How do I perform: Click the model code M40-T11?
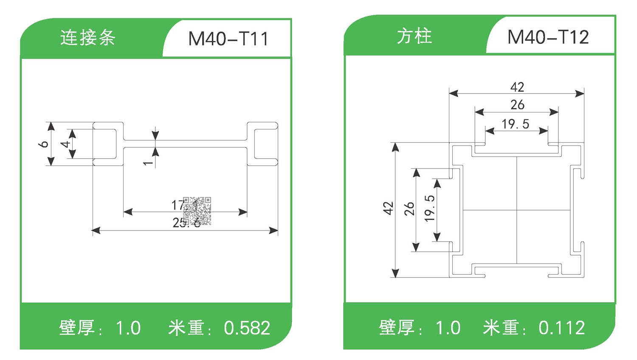[x=228, y=39]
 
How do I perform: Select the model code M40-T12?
[x=548, y=37]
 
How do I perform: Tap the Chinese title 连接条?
[x=87, y=38]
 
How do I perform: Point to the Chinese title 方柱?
[x=414, y=37]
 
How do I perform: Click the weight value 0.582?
[x=247, y=328]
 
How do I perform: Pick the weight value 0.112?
[x=561, y=328]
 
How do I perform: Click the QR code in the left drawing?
[x=197, y=211]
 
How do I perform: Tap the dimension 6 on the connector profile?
[x=43, y=144]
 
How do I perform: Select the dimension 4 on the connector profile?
[x=65, y=144]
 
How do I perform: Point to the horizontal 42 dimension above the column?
[x=517, y=87]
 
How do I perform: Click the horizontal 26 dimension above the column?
[x=517, y=104]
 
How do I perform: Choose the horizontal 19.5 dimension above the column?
[x=515, y=124]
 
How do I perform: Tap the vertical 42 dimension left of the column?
[x=388, y=208]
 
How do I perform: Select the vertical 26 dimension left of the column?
[x=409, y=208]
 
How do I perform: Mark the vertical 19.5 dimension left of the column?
[x=429, y=208]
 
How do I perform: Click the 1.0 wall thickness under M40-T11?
[x=128, y=328]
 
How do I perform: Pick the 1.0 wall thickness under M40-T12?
[x=448, y=328]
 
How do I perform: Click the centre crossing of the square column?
[x=517, y=210]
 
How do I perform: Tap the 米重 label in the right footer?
[x=501, y=328]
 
